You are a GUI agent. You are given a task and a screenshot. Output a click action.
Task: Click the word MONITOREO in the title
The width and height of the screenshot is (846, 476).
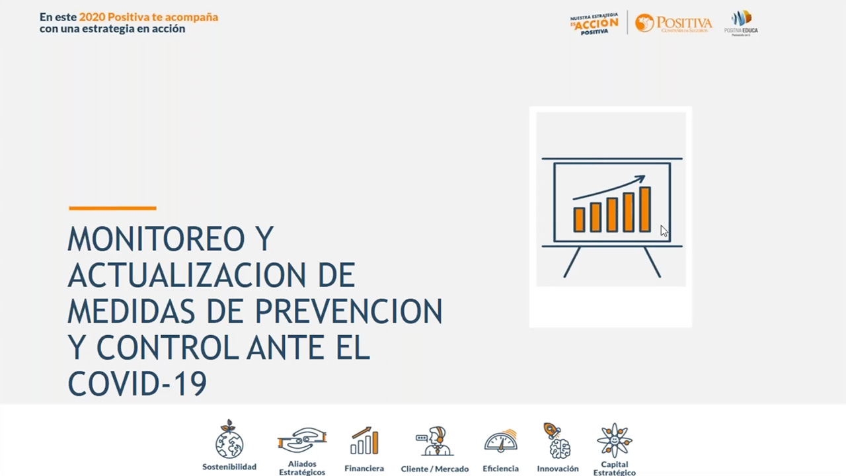pyautogui.click(x=156, y=239)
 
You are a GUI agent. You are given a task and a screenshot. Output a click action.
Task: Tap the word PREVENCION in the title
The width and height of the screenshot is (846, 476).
pyautogui.click(x=348, y=311)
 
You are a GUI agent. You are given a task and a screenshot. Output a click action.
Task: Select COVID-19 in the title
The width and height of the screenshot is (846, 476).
pyautogui.click(x=137, y=383)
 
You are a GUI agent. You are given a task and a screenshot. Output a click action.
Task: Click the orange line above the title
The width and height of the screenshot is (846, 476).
pyautogui.click(x=112, y=208)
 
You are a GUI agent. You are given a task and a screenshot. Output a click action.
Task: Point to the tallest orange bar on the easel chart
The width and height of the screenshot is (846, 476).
pyautogui.click(x=644, y=210)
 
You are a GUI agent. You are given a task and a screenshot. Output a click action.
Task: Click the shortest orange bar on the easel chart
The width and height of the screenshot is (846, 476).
pyautogui.click(x=579, y=219)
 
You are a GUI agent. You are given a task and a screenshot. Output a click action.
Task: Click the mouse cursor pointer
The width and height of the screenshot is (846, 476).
pyautogui.click(x=664, y=230)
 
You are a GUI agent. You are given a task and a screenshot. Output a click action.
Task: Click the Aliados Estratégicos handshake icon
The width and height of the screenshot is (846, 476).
pyautogui.click(x=302, y=440)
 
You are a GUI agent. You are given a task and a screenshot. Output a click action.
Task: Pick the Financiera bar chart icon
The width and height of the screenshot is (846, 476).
pyautogui.click(x=364, y=441)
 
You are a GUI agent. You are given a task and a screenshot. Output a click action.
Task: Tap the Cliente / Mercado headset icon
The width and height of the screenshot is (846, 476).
pyautogui.click(x=434, y=441)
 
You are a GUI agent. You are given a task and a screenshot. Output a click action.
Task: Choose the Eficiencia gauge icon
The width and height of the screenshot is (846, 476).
pyautogui.click(x=500, y=441)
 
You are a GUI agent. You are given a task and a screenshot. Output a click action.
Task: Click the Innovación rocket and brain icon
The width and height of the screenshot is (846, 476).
pyautogui.click(x=558, y=440)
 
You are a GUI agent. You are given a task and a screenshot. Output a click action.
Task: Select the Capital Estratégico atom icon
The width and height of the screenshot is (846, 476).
pyautogui.click(x=614, y=440)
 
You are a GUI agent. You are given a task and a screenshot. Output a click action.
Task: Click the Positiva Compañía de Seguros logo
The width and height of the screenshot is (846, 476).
pyautogui.click(x=673, y=24)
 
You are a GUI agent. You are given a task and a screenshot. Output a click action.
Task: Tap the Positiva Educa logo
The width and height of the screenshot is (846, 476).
pyautogui.click(x=741, y=22)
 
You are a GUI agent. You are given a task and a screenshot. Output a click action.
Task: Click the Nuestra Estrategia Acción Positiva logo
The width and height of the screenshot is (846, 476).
pyautogui.click(x=594, y=24)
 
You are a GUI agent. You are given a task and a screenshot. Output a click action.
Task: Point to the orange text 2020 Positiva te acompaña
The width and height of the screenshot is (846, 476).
pyautogui.click(x=148, y=17)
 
